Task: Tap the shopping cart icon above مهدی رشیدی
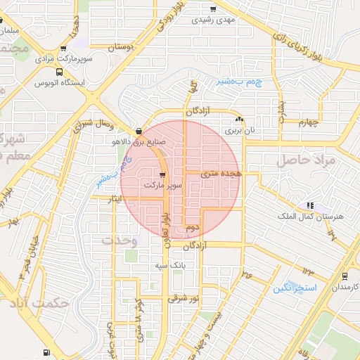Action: [x=212, y=9]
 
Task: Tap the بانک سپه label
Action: [x=171, y=266]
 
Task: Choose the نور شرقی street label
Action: [x=183, y=299]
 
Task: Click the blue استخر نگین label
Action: [x=296, y=288]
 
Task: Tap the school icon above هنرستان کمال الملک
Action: [x=309, y=205]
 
